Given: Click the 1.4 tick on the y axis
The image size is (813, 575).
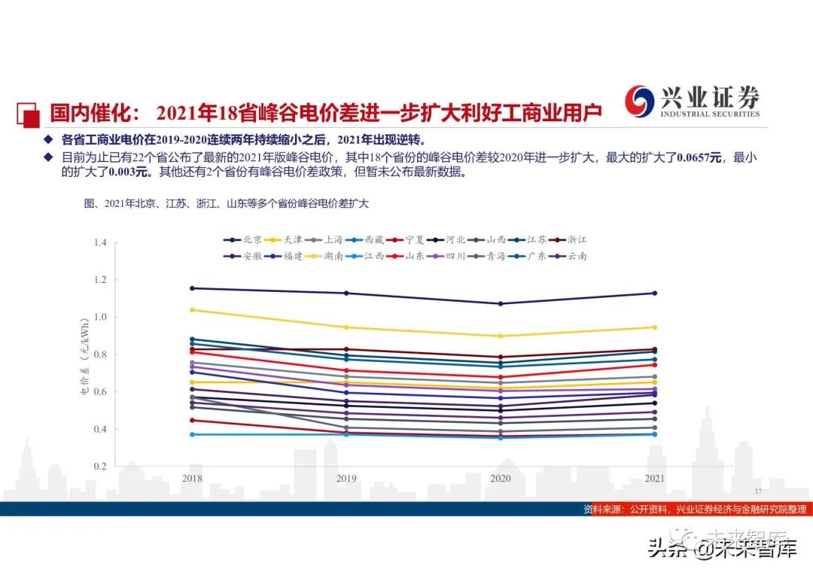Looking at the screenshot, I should click(x=100, y=242).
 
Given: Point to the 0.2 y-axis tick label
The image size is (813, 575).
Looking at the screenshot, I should click(x=100, y=467).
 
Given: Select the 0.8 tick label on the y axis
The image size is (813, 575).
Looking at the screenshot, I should click(x=100, y=354).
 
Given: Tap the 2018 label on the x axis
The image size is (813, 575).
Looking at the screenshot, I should click(x=192, y=478).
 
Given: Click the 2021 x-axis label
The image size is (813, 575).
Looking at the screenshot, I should click(x=655, y=478).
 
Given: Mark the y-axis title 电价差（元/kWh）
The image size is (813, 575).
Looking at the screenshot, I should click(x=85, y=354).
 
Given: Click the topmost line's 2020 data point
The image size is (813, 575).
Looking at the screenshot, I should click(x=501, y=304).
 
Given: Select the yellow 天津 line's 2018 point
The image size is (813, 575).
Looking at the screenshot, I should click(x=192, y=310).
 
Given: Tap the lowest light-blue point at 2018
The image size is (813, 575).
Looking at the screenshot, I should click(x=192, y=434).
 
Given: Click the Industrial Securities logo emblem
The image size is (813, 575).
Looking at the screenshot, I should click(x=641, y=102).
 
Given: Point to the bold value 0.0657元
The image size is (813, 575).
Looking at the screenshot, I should click(x=699, y=157).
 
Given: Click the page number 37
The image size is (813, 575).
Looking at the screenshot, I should click(x=758, y=490).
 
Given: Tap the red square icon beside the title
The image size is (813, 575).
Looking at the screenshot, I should click(x=28, y=114).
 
